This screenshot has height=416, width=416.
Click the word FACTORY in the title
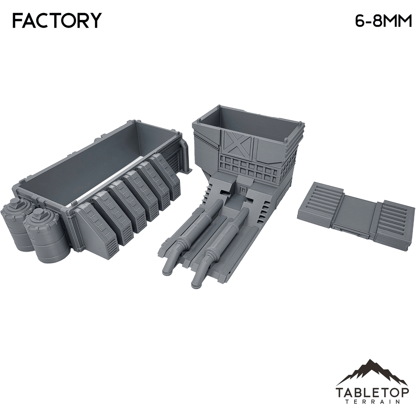click(57, 21)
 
